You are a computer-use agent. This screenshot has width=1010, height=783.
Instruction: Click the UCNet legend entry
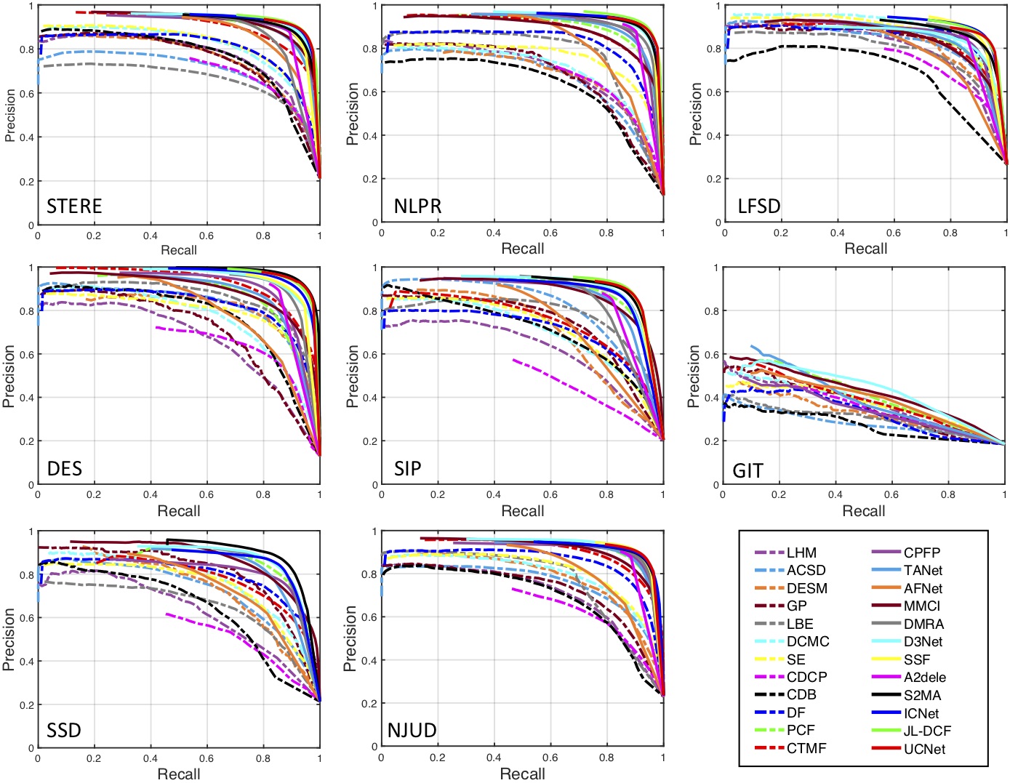[x=924, y=749]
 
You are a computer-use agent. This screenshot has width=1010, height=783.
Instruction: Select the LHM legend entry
[x=801, y=553]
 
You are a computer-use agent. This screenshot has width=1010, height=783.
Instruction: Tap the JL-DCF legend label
[x=927, y=731]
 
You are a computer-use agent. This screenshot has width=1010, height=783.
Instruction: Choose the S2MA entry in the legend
[x=922, y=695]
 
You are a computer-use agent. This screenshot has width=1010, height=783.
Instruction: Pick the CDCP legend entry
[x=806, y=677]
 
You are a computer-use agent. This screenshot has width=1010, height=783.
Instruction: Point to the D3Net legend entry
[x=923, y=641]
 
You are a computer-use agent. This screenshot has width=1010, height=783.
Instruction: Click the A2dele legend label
[x=925, y=677]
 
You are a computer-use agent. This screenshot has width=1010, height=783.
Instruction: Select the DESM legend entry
[x=806, y=588]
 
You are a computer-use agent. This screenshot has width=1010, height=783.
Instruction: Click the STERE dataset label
[x=74, y=206]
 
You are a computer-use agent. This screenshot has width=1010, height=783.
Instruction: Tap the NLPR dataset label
[x=417, y=206]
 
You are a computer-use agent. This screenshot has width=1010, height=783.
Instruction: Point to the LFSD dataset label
[x=759, y=206]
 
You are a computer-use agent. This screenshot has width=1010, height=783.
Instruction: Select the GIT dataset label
[x=748, y=470]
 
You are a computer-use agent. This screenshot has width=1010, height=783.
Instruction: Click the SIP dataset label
[x=407, y=469]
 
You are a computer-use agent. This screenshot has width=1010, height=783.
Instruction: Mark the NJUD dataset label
[x=412, y=730]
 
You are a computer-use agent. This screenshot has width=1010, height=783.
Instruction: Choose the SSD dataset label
[x=64, y=730]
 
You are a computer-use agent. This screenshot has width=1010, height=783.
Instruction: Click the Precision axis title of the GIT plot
[x=694, y=376]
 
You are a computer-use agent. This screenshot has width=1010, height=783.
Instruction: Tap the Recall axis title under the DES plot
[x=179, y=511]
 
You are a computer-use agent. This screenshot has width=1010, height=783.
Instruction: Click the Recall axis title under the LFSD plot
[x=865, y=249]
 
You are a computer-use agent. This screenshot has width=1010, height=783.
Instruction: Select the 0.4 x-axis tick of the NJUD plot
[x=494, y=758]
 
